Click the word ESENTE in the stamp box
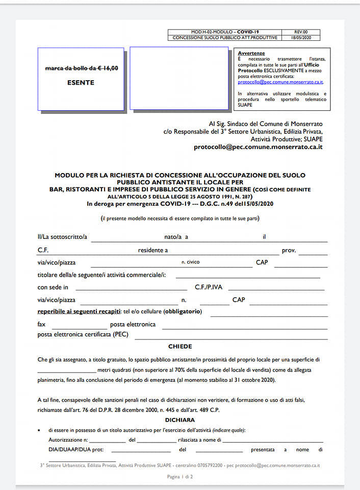81,83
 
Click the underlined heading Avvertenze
251,54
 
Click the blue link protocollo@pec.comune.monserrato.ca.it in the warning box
280,82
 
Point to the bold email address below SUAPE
258,147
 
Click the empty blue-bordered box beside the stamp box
179,79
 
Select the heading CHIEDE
180,347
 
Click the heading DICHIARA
180,419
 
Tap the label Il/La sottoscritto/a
62,237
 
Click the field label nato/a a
176,237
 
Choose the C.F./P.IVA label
209,287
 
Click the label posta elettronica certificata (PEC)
83,335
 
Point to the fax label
41,324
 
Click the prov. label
289,251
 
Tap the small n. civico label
190,262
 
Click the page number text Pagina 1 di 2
180,477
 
